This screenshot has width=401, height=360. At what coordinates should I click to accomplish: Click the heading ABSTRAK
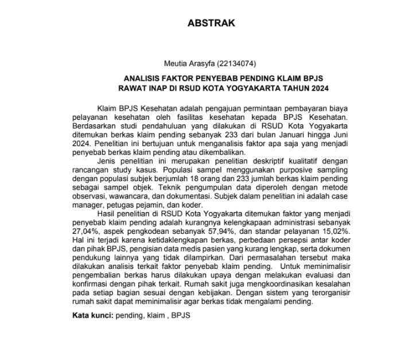211,24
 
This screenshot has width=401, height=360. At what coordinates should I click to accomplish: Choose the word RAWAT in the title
131,89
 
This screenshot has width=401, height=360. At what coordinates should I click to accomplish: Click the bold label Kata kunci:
92,315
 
